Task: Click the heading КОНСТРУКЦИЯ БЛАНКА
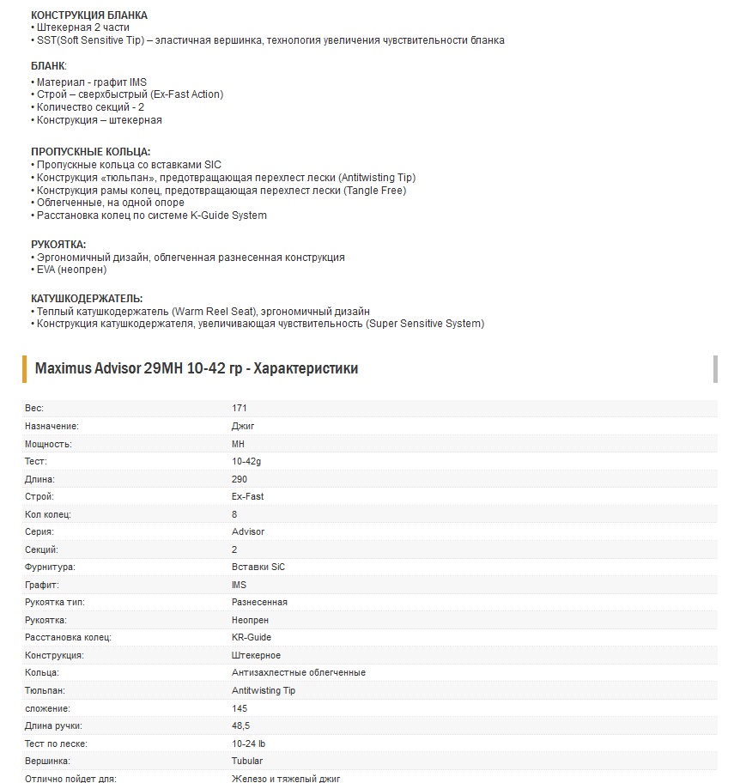88,15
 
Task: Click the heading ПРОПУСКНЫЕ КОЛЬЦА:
90,152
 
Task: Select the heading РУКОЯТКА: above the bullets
58,245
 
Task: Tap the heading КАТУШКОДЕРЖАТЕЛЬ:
87,298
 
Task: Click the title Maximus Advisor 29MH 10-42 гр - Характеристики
197,368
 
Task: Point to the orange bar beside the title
25,368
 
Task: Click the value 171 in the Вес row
240,408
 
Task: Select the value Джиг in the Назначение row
243,426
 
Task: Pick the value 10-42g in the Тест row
247,461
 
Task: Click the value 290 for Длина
240,479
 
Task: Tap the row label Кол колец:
48,514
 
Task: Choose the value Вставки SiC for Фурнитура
258,568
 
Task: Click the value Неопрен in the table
251,620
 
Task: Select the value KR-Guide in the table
252,638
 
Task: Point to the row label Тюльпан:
45,690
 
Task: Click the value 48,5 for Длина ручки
241,726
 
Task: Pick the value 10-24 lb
249,744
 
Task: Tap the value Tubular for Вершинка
247,762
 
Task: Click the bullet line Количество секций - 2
89,107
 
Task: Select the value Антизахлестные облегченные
299,673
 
